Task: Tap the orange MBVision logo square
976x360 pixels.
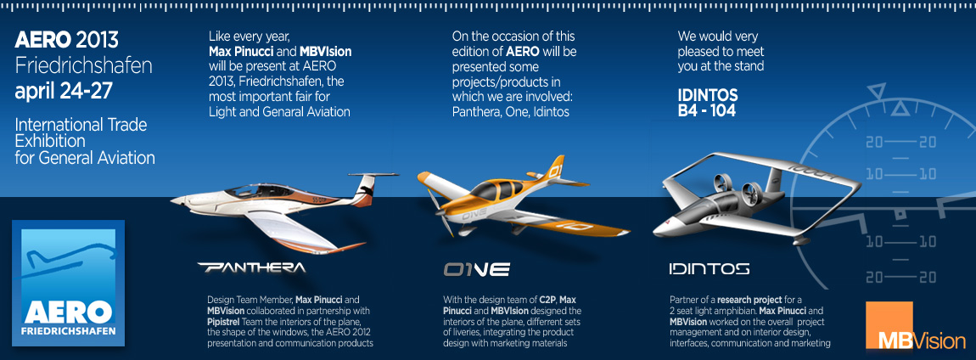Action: pyautogui.click(x=889, y=325)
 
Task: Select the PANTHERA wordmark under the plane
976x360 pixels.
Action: pyautogui.click(x=252, y=267)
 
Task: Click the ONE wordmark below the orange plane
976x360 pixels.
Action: pyautogui.click(x=477, y=269)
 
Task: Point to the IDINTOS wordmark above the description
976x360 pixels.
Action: pyautogui.click(x=709, y=269)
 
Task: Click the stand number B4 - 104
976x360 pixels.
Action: pyautogui.click(x=706, y=111)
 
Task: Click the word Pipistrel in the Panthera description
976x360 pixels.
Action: pyautogui.click(x=225, y=322)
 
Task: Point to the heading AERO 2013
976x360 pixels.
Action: pyautogui.click(x=66, y=41)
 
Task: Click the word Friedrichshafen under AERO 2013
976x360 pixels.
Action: pyautogui.click(x=83, y=66)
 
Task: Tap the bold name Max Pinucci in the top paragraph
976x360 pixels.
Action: pyautogui.click(x=242, y=50)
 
